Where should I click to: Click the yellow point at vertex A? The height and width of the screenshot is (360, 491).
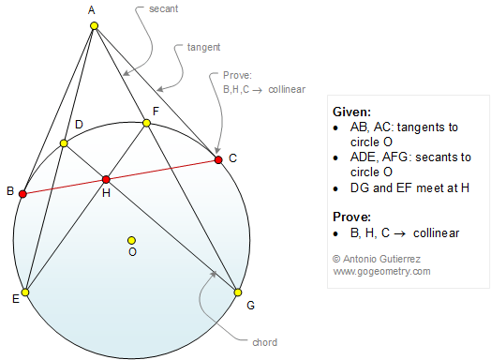(x=94, y=26)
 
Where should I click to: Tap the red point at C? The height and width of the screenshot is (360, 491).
(x=218, y=160)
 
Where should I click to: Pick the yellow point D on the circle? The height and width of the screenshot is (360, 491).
(x=64, y=143)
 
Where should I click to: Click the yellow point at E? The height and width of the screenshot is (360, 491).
(x=26, y=292)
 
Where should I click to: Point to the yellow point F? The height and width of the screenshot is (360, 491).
(x=146, y=123)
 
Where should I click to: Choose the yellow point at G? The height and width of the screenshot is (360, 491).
(x=238, y=292)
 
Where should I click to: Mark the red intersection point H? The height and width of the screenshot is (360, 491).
(x=106, y=179)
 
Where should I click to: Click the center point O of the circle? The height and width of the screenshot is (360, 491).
(x=132, y=240)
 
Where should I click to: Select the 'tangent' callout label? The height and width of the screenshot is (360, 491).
(x=191, y=45)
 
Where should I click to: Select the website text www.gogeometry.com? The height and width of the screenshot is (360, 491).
(x=381, y=271)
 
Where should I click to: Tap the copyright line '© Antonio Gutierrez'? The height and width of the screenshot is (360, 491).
(x=379, y=258)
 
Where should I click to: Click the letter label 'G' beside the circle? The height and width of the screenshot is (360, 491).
(x=250, y=306)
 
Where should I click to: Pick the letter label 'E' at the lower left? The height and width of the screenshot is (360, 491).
(x=16, y=298)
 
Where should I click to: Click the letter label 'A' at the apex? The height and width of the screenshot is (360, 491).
(x=92, y=10)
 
